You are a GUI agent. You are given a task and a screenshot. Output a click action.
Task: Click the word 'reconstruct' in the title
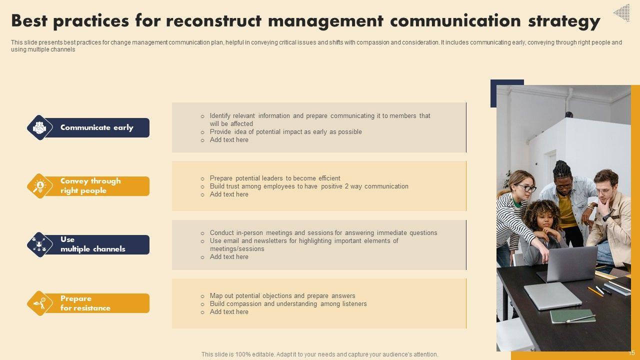tap(213, 21)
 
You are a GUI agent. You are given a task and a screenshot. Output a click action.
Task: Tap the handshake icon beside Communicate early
tap(39, 127)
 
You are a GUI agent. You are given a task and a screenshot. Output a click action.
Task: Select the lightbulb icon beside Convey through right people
tap(39, 186)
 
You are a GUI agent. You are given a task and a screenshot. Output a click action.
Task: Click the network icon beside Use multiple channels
tap(39, 244)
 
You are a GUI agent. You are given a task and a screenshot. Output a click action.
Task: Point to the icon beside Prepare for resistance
tap(39, 303)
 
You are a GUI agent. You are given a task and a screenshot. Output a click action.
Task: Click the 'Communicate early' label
tap(97, 127)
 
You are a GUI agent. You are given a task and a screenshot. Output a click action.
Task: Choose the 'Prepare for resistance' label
tap(85, 303)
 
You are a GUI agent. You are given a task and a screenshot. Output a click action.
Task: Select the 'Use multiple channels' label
tap(93, 244)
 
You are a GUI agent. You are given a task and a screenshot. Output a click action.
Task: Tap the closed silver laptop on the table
tap(552, 295)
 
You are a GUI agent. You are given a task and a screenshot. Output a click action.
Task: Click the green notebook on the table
tap(568, 316)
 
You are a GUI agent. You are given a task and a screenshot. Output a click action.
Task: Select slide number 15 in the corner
tap(631, 353)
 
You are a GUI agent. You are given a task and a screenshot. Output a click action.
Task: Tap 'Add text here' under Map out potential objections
tap(229, 311)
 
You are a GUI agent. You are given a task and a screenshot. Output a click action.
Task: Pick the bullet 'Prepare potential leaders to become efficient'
tap(275, 178)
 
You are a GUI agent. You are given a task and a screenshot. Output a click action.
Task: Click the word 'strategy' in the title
tap(564, 21)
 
